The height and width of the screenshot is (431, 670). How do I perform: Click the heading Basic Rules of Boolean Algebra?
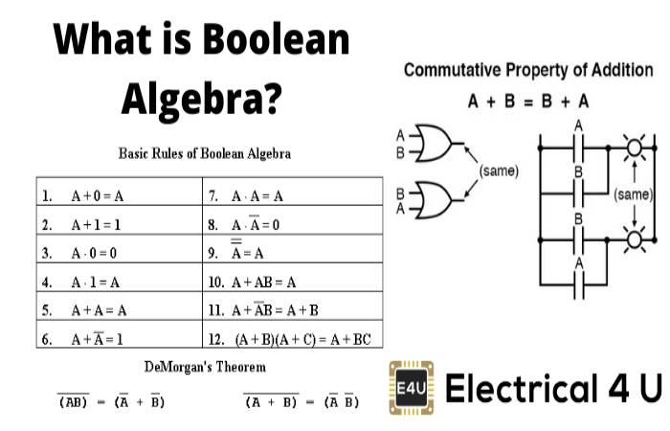pos(204,152)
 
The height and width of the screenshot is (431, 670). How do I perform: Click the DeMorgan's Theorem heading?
pos(205,366)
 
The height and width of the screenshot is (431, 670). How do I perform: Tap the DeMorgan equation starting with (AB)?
pos(111,401)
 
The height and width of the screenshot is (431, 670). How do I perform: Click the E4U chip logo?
pos(412,391)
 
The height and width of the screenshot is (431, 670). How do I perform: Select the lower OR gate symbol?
pos(435,198)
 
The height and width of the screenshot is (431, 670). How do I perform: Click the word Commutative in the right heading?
pos(450,70)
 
